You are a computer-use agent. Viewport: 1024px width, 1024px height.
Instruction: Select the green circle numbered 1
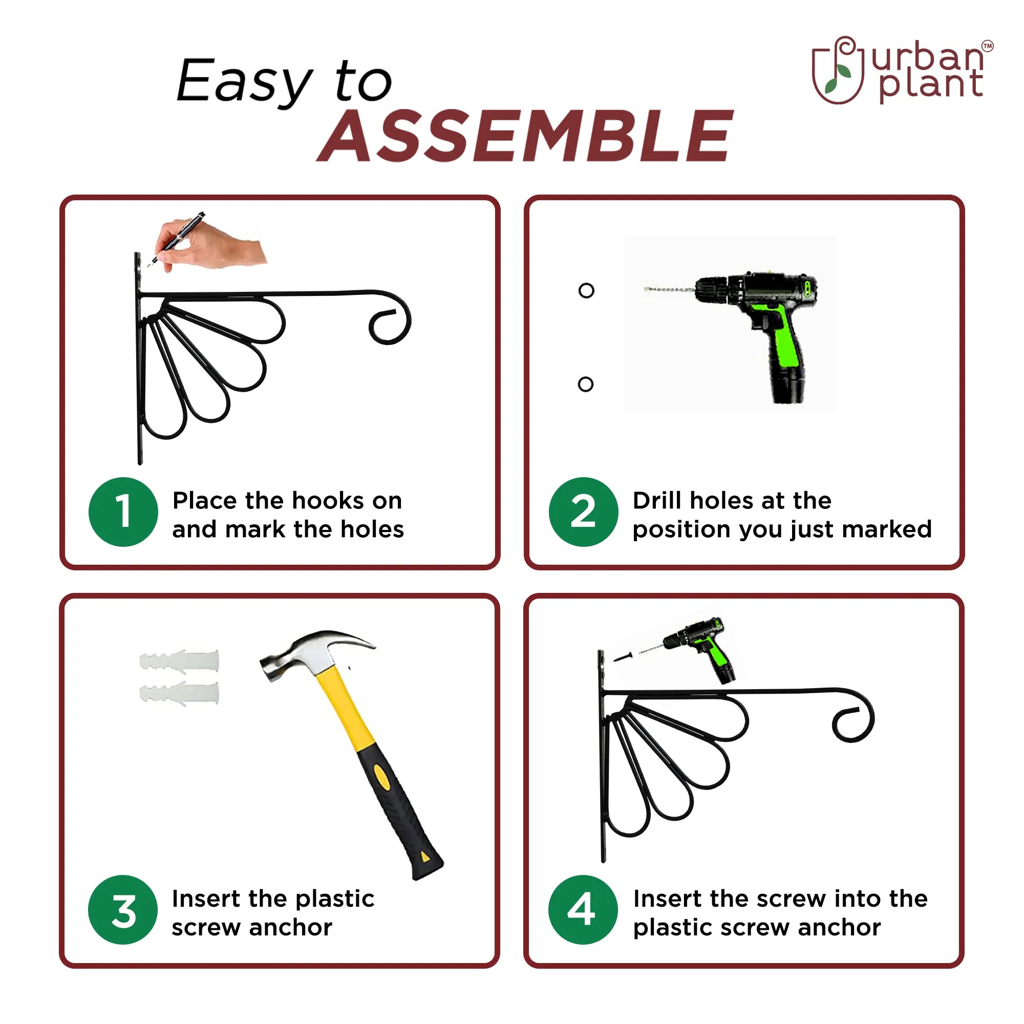click(123, 512)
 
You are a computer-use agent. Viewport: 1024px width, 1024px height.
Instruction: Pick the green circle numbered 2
click(583, 512)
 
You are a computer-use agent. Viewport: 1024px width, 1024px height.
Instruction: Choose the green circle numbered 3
click(123, 909)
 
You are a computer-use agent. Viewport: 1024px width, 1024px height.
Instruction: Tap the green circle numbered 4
click(583, 909)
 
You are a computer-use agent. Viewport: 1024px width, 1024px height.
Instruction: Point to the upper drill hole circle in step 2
click(586, 290)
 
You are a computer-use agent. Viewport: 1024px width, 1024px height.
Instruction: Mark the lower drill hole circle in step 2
click(586, 385)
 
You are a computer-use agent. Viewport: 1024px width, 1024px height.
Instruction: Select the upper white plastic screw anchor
click(179, 662)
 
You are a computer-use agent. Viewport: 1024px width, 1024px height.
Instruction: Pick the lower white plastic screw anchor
click(179, 693)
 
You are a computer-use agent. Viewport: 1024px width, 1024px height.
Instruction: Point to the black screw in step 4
click(623, 657)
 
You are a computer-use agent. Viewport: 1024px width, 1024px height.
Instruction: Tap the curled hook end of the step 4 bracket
click(854, 718)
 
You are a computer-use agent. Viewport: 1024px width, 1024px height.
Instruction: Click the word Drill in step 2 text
click(657, 500)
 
